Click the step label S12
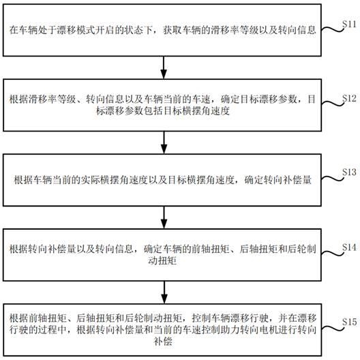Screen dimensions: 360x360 [x=348, y=98]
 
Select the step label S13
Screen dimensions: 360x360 [x=348, y=170]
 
